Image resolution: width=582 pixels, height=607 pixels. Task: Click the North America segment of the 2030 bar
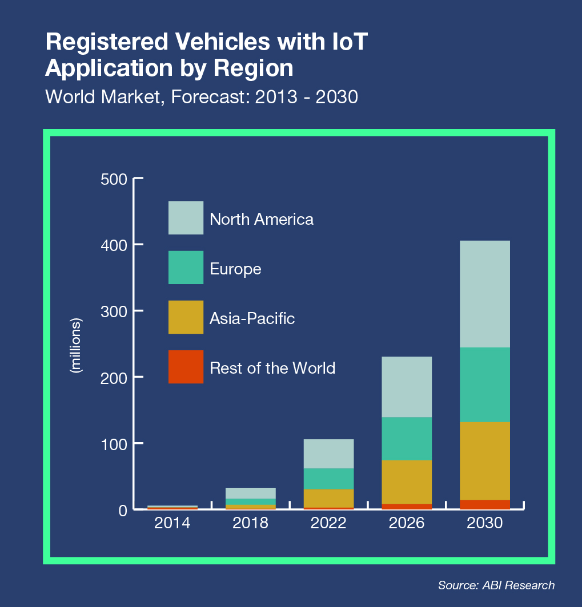tap(484, 294)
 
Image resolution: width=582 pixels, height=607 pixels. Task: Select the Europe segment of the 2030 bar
tap(484, 385)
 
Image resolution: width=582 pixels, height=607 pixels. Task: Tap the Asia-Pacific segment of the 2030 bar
tap(484, 460)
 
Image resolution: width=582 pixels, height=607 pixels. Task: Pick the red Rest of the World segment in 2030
tap(484, 504)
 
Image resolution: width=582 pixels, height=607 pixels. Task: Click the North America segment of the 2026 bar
tap(406, 387)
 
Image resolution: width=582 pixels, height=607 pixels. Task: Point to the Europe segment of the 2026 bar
tap(406, 438)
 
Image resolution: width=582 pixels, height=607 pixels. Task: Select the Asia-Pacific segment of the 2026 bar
tap(406, 481)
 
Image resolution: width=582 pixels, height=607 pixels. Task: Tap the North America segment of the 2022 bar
tap(328, 454)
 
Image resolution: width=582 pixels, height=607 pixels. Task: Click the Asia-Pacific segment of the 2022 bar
tap(328, 498)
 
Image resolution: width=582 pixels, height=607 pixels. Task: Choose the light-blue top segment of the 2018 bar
tap(251, 493)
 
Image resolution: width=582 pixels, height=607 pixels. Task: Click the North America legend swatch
tap(186, 217)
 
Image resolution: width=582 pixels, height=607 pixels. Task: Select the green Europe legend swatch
tap(186, 268)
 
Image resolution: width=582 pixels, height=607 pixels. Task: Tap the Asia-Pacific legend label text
tap(252, 318)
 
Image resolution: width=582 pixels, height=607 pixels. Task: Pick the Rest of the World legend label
tap(272, 368)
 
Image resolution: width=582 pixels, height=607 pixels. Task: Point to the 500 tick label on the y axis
tap(114, 179)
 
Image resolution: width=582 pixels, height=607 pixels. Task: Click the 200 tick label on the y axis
tap(114, 377)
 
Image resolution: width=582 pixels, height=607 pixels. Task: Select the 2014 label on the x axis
tap(172, 523)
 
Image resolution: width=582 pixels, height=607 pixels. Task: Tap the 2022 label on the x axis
tap(328, 523)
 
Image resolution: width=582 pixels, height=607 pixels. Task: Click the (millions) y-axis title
tap(75, 345)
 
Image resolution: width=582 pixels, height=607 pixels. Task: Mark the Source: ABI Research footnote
tap(496, 585)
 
